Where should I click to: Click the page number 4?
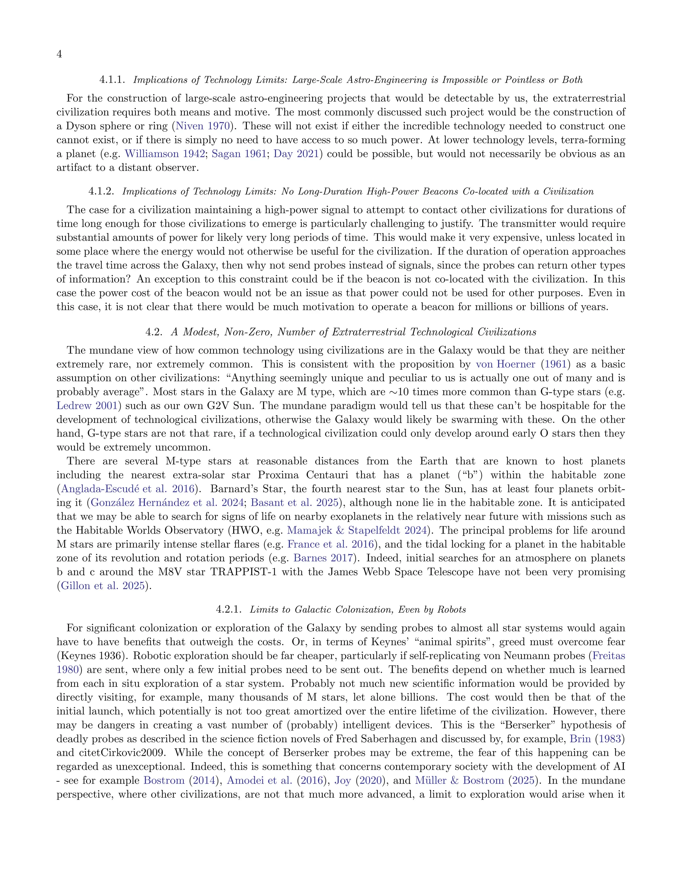(x=59, y=54)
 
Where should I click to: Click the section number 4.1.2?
(x=101, y=191)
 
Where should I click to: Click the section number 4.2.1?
(x=228, y=609)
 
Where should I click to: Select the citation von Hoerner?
(x=505, y=364)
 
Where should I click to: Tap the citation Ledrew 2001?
(x=87, y=406)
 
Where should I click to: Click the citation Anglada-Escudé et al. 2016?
(x=127, y=489)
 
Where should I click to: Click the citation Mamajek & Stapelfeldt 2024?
(x=357, y=531)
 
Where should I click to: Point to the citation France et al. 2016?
(x=331, y=544)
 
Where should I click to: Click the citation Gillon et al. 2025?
(x=102, y=586)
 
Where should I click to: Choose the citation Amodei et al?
(x=259, y=780)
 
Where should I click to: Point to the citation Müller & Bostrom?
(x=460, y=780)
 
